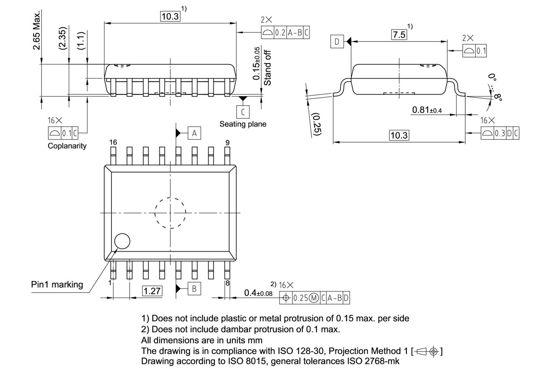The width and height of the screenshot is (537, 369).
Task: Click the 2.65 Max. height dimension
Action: tap(37, 30)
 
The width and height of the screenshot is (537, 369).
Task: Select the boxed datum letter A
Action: tap(194, 133)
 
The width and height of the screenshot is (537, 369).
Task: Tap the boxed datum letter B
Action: tap(194, 288)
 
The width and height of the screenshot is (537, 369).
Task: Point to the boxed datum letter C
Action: tap(242, 112)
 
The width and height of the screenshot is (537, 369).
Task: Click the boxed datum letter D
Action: tap(337, 42)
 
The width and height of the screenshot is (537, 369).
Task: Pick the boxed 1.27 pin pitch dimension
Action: tap(152, 291)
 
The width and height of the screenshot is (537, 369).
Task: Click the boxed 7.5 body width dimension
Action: tap(399, 35)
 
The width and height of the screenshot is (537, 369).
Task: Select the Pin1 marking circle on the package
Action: tap(122, 242)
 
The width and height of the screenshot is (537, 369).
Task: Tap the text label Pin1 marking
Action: tap(57, 284)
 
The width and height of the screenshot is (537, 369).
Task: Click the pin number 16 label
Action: tap(113, 143)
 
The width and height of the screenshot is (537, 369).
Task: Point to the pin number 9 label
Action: tap(227, 143)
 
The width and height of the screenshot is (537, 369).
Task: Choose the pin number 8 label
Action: tap(227, 283)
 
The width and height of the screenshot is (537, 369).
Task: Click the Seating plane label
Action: tap(242, 124)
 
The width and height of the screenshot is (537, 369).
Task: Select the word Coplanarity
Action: tap(67, 146)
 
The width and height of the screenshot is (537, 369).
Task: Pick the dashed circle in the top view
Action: tap(170, 213)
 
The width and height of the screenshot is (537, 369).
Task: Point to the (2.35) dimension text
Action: tap(63, 39)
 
